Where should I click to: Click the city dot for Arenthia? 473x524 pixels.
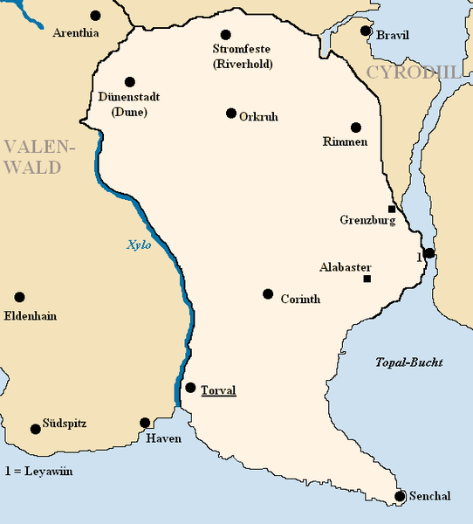point(95,16)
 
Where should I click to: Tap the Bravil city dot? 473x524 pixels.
point(367,33)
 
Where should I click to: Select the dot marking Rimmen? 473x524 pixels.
point(355,128)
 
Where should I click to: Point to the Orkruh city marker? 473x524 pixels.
point(231,114)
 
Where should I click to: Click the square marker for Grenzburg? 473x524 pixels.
point(392,209)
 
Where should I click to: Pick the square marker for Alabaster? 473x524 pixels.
point(367,279)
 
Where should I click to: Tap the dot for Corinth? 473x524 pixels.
point(268,293)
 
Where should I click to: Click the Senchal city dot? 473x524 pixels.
point(400,496)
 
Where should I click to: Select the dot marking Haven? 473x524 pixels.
point(145,423)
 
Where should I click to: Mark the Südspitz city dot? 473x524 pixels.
point(36,429)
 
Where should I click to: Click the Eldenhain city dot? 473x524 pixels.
point(19,297)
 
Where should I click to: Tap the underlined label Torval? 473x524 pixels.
point(218,390)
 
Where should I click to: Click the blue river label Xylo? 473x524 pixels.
point(139,245)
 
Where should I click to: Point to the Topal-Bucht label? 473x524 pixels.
point(409,362)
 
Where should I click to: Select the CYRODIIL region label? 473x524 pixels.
point(413,72)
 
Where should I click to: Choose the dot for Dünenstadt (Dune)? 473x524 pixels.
point(130,82)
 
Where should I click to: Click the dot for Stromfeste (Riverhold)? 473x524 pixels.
point(226,35)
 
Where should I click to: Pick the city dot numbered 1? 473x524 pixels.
point(428,253)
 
